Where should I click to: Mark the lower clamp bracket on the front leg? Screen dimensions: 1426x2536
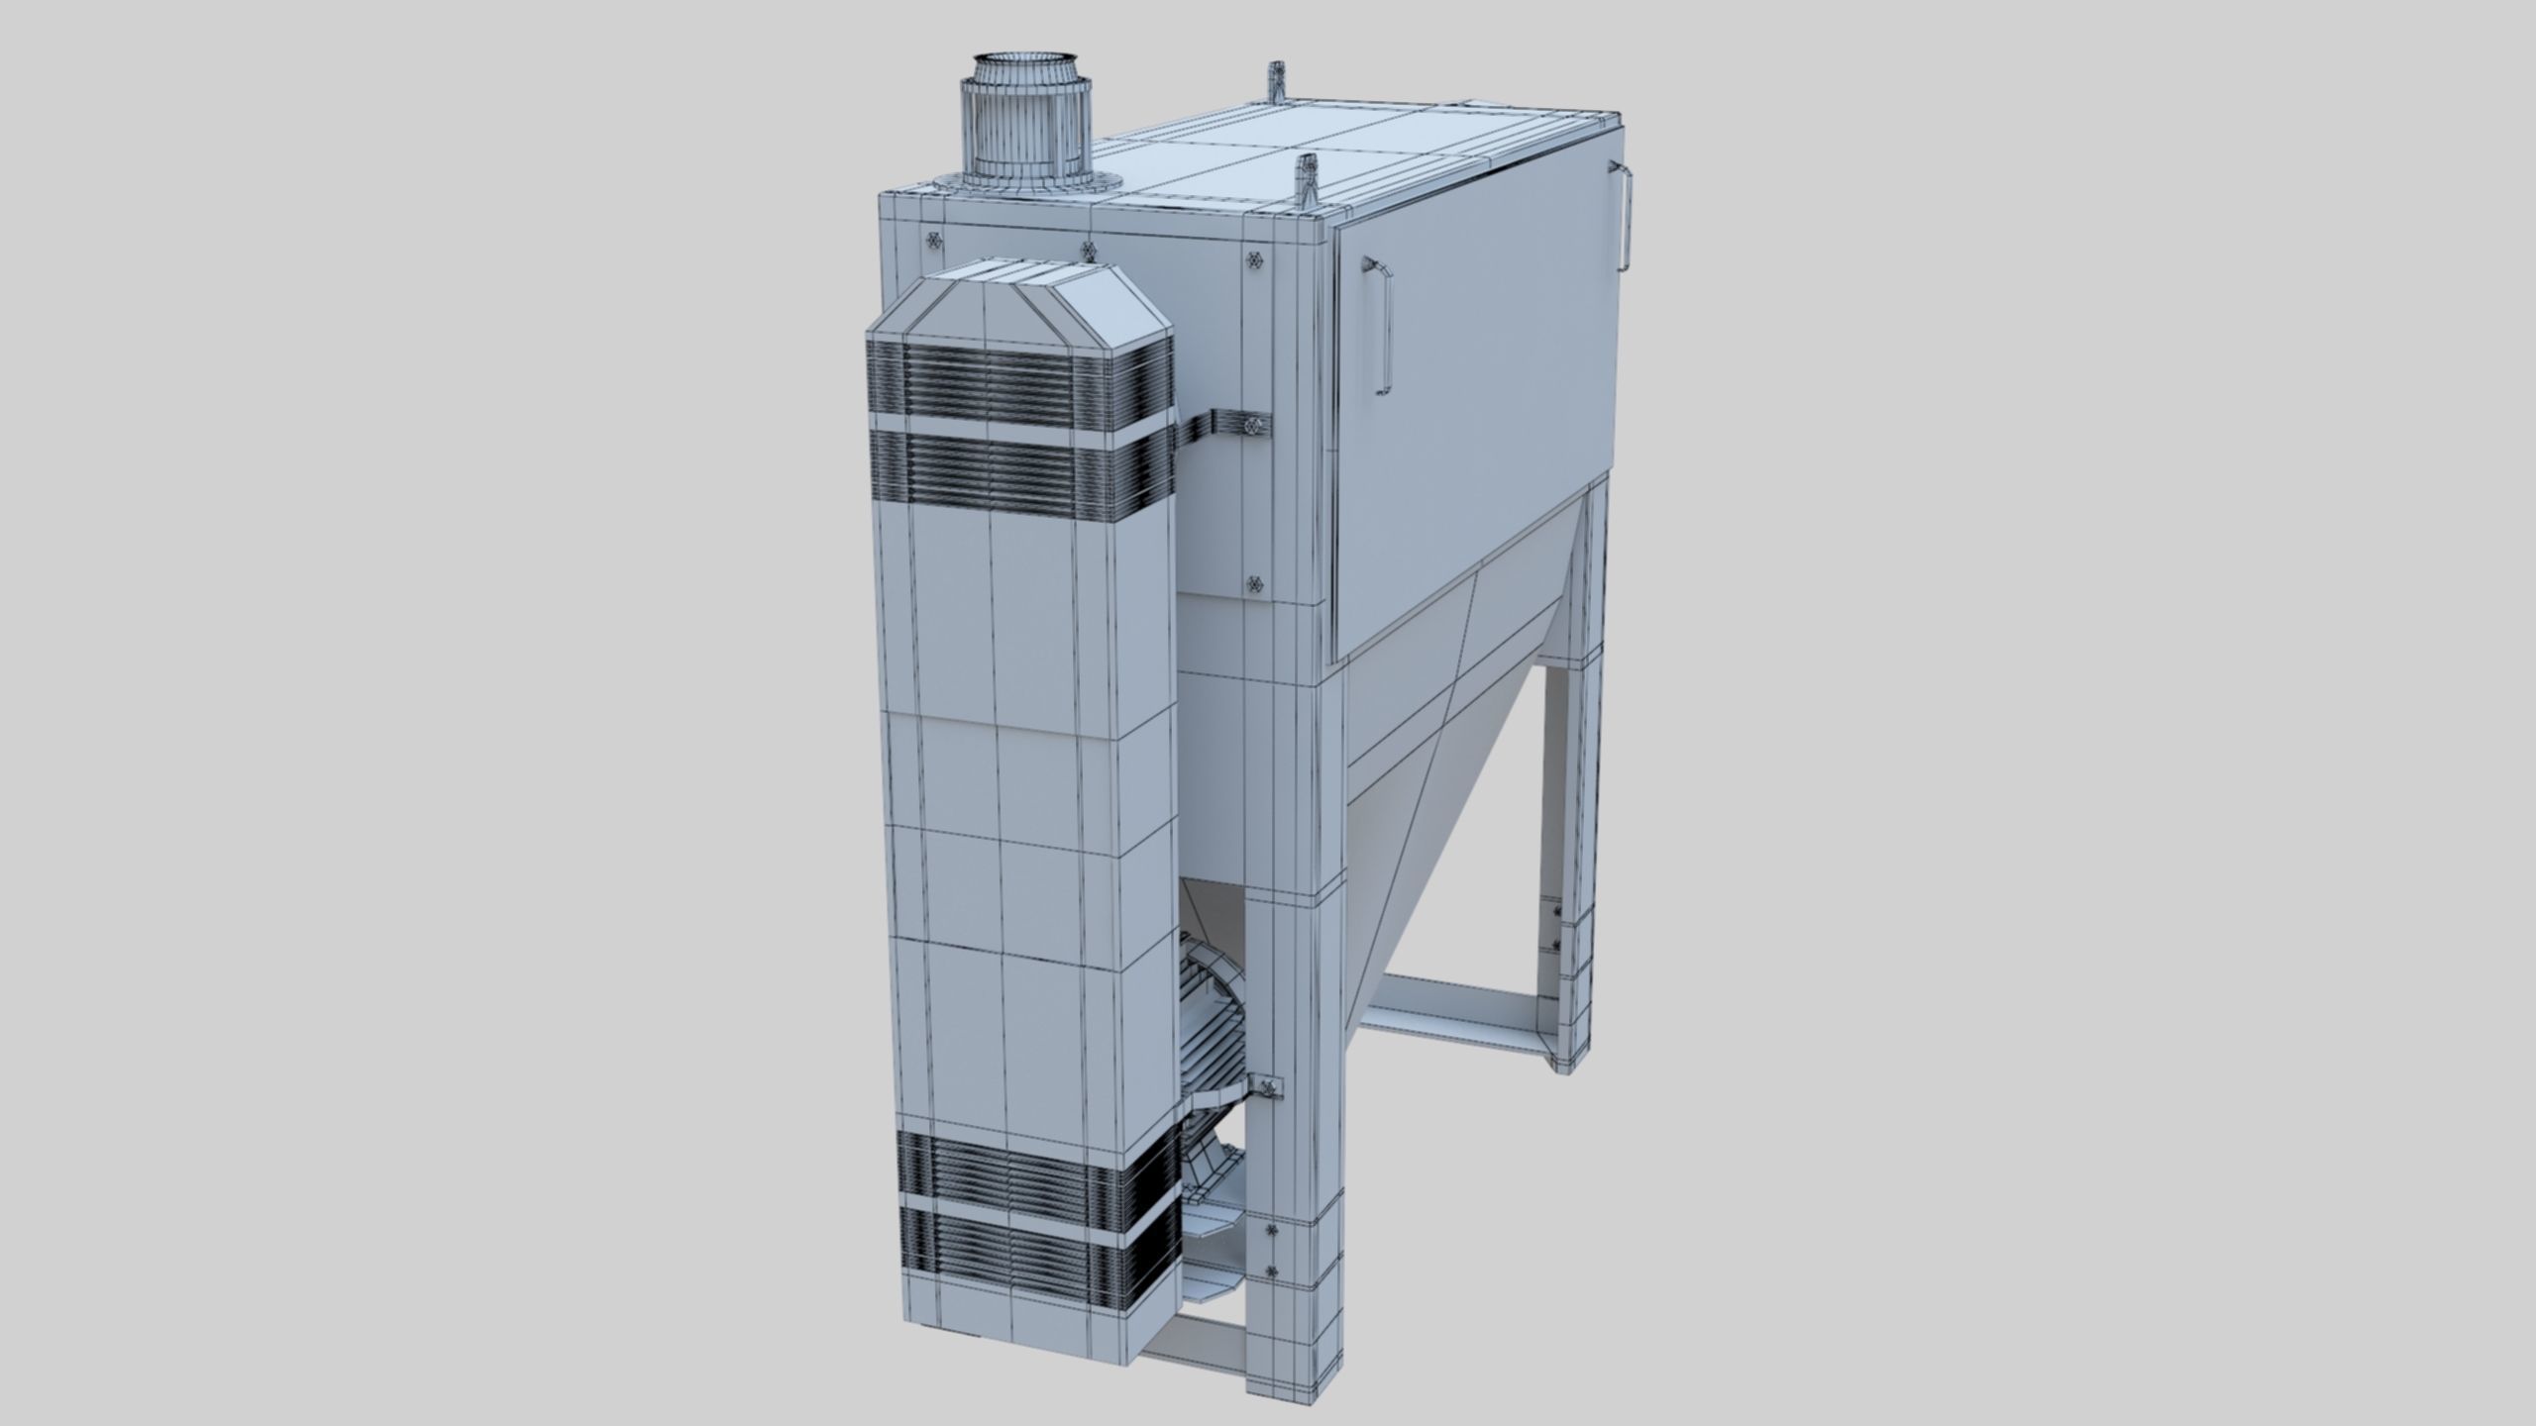click(x=1269, y=1089)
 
